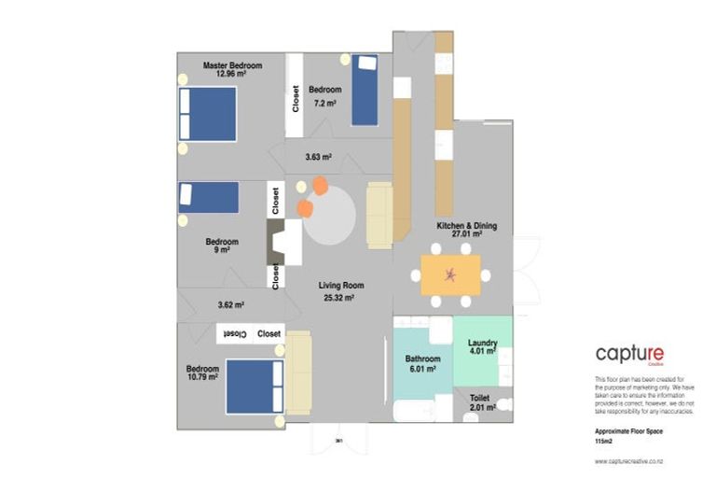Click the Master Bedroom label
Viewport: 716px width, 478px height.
232,65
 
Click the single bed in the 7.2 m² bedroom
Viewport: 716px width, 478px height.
365,90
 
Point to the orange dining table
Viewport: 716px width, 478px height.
451,274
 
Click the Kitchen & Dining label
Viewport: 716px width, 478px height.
467,226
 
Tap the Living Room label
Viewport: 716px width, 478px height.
340,286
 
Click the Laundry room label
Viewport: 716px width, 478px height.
482,343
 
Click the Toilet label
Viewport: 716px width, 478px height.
479,398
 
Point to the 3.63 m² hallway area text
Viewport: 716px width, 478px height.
319,157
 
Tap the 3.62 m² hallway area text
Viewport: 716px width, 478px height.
230,304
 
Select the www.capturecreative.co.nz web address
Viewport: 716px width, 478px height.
629,462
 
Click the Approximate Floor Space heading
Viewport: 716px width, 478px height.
630,432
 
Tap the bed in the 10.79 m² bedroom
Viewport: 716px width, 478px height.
254,387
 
